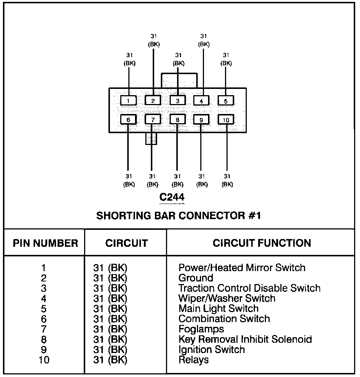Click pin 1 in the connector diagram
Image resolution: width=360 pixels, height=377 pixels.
128,100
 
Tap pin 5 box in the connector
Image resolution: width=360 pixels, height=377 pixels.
226,100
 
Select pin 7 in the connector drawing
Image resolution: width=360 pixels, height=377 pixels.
153,119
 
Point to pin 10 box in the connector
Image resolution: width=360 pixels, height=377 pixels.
226,120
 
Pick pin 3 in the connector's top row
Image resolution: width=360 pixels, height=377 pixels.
177,100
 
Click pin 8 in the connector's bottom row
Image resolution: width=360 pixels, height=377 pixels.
177,120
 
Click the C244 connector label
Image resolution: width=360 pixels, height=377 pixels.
172,197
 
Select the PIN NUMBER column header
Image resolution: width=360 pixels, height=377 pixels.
45,243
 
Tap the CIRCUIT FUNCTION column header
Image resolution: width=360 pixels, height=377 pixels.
262,243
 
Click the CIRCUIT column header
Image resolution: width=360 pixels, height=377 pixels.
127,243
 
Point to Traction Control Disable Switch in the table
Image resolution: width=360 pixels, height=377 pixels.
249,288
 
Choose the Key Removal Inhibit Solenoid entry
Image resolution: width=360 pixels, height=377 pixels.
245,339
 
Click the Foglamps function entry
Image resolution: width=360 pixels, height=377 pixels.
201,329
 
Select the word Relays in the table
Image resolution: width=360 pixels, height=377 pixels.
193,359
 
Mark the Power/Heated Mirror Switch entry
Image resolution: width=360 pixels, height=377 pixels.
242,267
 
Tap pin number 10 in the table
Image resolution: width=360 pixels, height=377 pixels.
44,359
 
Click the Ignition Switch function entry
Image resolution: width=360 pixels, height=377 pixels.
211,349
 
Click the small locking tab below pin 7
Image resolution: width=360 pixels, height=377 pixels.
151,139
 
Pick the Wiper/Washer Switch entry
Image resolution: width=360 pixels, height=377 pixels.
226,298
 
